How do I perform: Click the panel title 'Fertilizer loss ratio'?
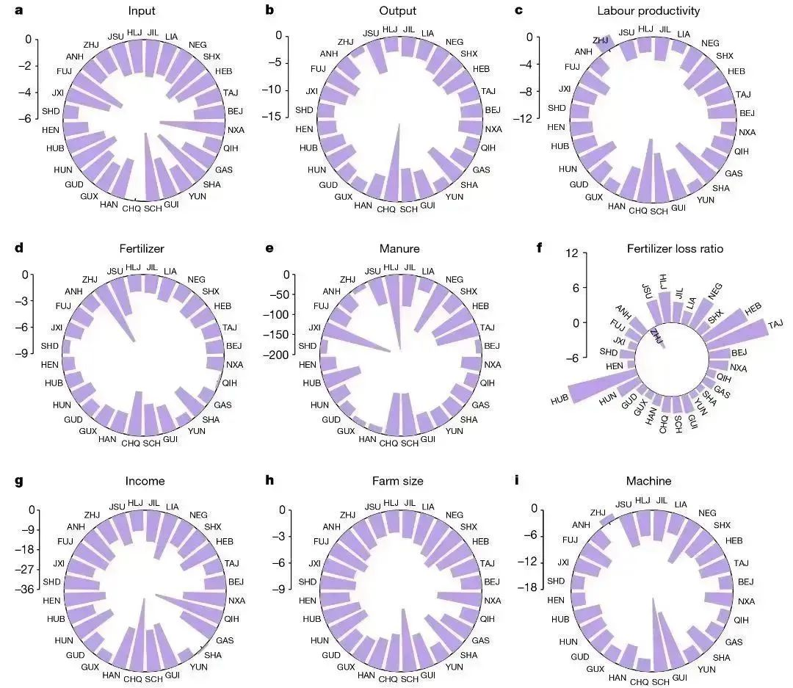[x=675, y=249]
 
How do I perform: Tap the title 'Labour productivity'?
[x=658, y=11]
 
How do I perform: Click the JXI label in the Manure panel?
[x=314, y=327]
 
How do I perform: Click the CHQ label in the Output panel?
[x=386, y=209]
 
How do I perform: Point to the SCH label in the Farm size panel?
[x=409, y=679]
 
